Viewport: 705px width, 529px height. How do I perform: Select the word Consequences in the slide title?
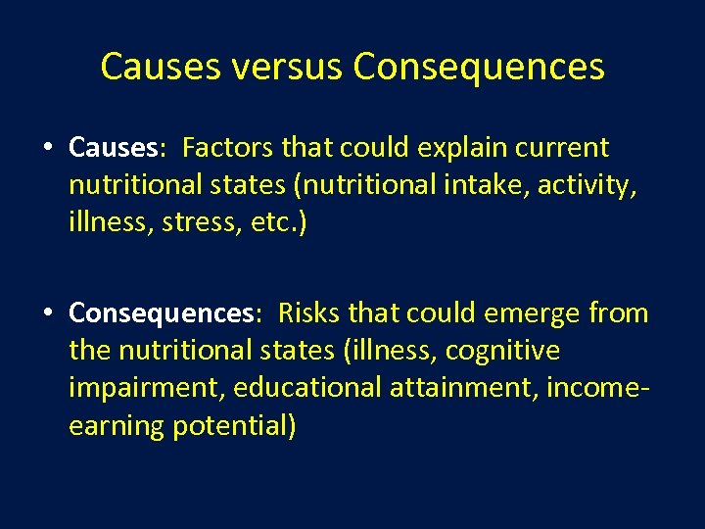tap(478, 68)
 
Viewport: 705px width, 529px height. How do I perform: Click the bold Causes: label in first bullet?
tap(116, 148)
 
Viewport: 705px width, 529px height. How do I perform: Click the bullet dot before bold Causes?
tap(47, 149)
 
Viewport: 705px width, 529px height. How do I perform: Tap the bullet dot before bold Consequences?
tap(47, 314)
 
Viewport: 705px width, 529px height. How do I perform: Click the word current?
tap(565, 148)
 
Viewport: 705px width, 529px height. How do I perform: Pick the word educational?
tap(309, 388)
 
